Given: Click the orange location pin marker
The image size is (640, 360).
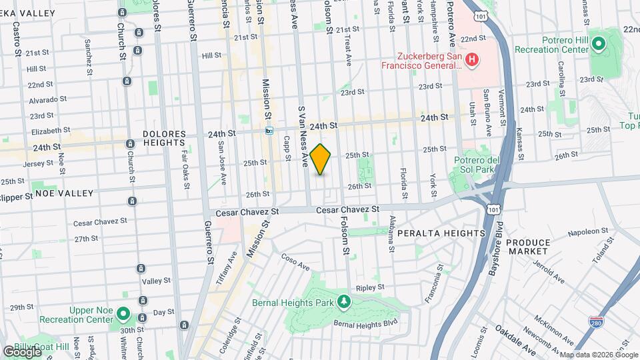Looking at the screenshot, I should [321, 159].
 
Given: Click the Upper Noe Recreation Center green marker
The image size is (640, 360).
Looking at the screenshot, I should [123, 313].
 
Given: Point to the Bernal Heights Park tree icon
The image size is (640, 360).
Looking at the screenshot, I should [343, 302].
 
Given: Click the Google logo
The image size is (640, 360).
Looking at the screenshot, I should [21, 351].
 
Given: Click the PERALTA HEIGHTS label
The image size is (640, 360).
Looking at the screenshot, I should [450, 233].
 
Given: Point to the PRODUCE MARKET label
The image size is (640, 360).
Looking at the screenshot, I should [528, 247].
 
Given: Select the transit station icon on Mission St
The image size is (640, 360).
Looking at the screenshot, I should [269, 131].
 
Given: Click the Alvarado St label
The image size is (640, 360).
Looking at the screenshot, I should [48, 99].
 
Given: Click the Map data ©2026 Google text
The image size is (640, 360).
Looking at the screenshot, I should [597, 355].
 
